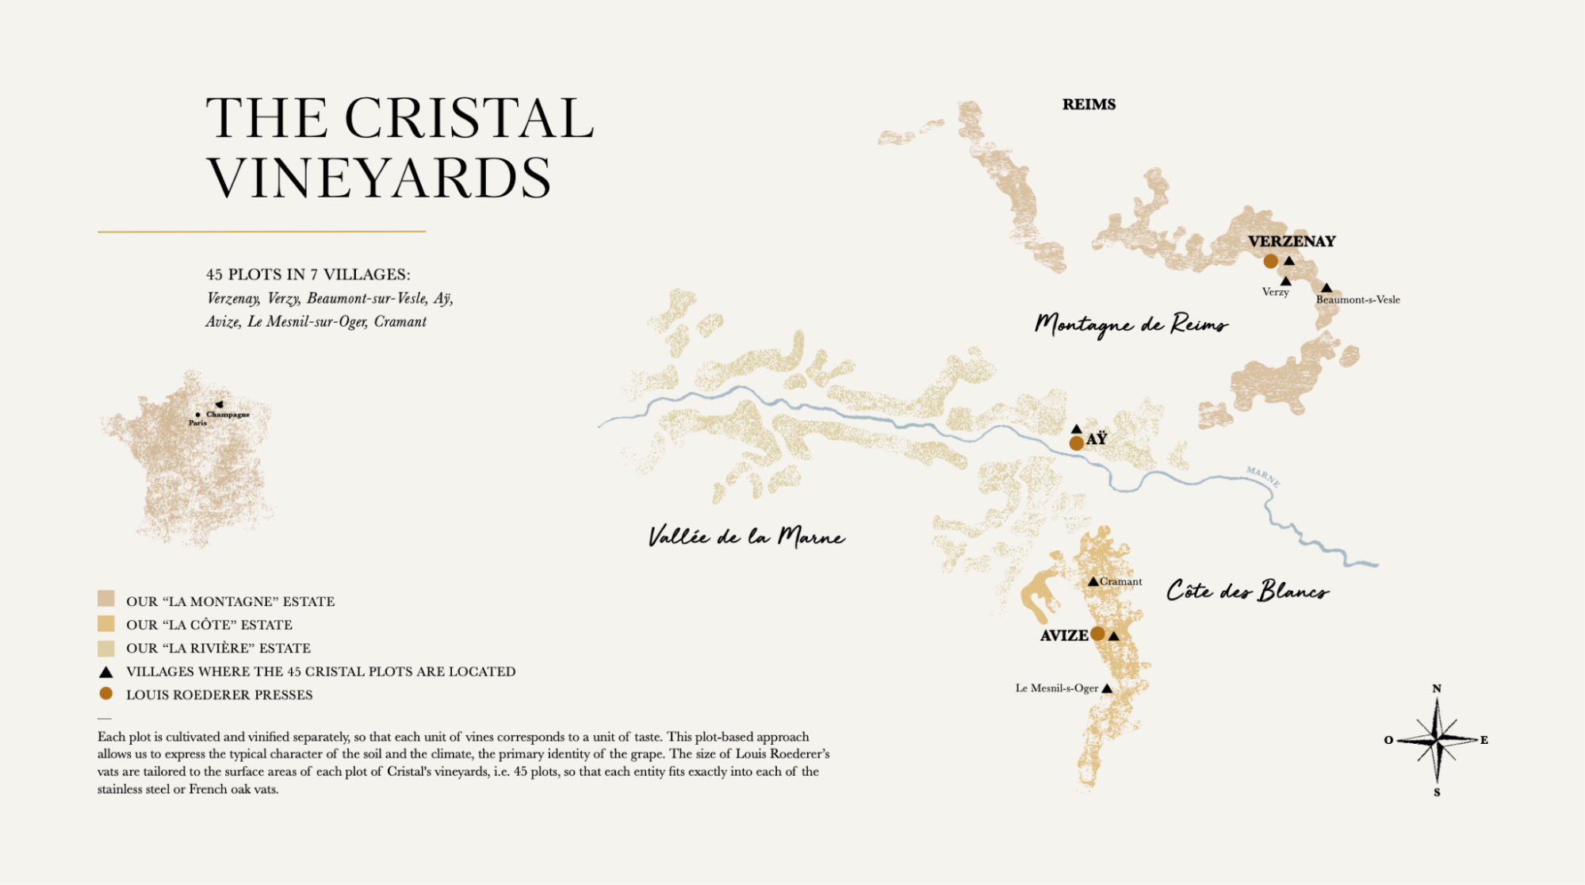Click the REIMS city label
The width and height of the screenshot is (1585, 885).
coord(1089,105)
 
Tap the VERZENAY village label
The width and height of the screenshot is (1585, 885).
coord(1291,241)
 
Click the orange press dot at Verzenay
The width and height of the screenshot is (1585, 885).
coord(1270,261)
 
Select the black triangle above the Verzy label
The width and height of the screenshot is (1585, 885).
coord(1285,281)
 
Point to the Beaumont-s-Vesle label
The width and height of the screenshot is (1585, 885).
coord(1357,300)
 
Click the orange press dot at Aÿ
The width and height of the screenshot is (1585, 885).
coord(1076,443)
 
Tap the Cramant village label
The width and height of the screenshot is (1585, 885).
coord(1120,581)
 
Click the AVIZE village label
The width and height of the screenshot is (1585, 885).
coord(1063,635)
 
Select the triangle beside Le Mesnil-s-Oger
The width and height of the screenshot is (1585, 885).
coord(1107,688)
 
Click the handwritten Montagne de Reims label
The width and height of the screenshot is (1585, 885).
coord(1131,324)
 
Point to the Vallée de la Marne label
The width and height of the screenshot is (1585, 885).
coord(746,537)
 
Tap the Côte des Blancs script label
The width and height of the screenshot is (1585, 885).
coord(1246,591)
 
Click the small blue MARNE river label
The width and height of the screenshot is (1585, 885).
coord(1262,476)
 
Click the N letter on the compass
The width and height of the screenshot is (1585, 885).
coord(1436,688)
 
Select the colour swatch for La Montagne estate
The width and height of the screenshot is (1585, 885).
coord(106,599)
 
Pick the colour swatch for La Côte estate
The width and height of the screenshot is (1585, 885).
coord(106,624)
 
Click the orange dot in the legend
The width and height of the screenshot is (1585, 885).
coord(105,693)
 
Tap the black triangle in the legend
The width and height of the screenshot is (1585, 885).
coord(105,672)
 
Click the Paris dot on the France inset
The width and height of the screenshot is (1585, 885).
coord(197,415)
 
